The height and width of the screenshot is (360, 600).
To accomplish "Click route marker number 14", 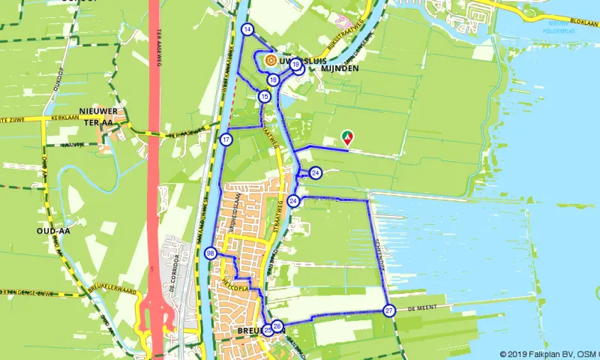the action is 247,29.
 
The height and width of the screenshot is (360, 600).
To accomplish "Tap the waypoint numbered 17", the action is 226,139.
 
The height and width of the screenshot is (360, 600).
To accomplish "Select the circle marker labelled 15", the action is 264,96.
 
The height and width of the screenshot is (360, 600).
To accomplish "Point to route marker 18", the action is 273,79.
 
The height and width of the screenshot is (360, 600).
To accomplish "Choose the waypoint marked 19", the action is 295,64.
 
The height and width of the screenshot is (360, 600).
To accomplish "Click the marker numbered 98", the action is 211,253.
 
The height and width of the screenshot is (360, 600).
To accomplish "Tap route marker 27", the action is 388,310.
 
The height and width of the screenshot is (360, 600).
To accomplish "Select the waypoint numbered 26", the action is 277,325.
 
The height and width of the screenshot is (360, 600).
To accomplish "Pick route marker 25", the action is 268,329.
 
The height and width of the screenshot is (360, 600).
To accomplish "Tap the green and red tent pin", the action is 347,136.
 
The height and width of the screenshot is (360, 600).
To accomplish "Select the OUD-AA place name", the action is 53,231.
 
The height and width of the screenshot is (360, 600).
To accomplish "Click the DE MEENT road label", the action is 421,308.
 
